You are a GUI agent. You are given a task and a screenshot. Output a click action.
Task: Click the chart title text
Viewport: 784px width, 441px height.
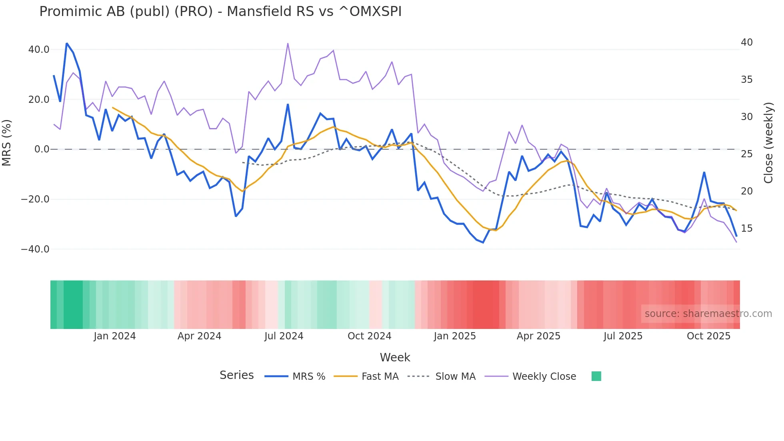point(220,12)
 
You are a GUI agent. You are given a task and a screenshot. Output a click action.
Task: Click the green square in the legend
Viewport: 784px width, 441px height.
point(596,376)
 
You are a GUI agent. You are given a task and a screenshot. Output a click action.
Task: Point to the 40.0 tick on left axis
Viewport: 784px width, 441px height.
point(39,50)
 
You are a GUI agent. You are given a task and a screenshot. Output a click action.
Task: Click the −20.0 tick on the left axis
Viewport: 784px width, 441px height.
point(35,199)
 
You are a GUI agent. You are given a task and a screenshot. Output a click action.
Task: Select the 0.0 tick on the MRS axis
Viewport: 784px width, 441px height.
point(42,149)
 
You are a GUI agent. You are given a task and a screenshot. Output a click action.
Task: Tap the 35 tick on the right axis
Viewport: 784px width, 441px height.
point(746,80)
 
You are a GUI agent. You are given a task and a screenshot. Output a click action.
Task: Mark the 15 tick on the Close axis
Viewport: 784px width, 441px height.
point(746,229)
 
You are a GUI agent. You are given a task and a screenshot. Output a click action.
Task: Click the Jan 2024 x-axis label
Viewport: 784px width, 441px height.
point(115,336)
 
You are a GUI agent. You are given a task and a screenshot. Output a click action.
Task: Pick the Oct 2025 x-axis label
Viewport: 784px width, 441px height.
point(708,336)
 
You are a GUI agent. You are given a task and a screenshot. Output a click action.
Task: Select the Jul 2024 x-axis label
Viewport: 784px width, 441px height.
point(284,336)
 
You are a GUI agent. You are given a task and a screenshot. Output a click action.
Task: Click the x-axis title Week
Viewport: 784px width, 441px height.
point(395,357)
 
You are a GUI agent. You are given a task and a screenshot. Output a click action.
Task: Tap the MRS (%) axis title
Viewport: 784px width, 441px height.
point(7,142)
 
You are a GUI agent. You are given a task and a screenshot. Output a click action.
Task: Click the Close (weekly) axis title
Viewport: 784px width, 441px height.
point(768,143)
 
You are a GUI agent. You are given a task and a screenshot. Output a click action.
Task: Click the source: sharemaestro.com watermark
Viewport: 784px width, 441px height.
point(708,314)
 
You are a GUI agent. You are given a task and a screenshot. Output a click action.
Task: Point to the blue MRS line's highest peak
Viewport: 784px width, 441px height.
point(67,43)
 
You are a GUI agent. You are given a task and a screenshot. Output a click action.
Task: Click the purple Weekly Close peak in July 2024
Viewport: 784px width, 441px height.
point(288,44)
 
